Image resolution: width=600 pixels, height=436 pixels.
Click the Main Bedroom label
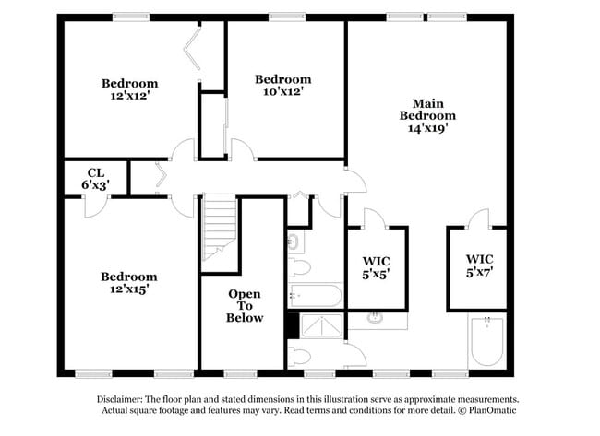427,110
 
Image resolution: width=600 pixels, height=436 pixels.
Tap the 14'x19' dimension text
427,129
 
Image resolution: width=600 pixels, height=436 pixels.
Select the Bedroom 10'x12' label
282,85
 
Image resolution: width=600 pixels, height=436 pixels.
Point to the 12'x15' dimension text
129,289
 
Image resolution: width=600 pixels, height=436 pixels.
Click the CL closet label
95,178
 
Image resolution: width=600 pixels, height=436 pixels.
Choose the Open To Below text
245,305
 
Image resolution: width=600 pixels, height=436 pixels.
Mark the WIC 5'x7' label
479,265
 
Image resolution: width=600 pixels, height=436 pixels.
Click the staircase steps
220,230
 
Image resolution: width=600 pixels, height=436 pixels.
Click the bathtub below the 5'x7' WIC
486,343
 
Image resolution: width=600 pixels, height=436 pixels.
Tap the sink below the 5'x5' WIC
377,320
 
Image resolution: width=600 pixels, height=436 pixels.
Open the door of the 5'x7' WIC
478,218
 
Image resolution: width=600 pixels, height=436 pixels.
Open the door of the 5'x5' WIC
374,218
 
